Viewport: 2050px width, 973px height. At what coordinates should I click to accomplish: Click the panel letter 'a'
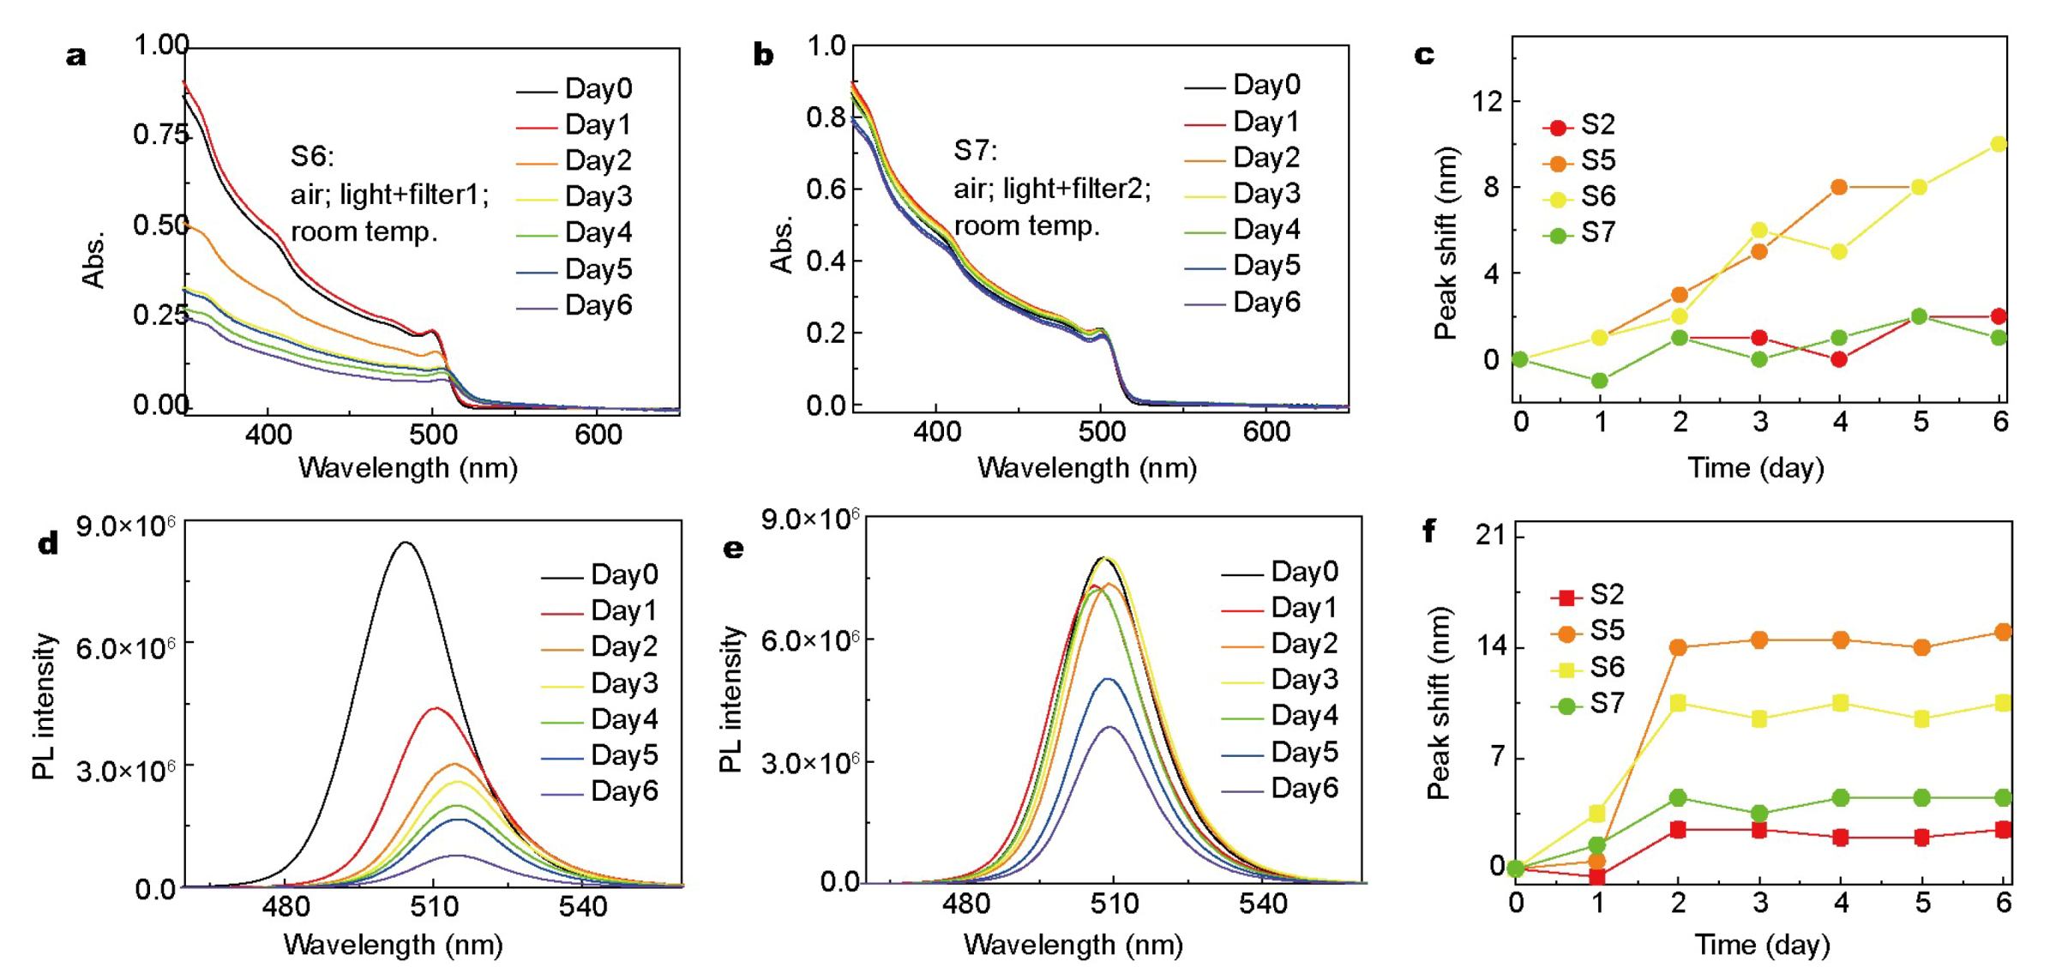(x=76, y=57)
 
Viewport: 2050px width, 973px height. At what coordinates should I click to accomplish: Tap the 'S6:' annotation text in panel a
(x=312, y=156)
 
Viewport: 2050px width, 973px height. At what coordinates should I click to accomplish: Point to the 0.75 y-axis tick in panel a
(x=159, y=135)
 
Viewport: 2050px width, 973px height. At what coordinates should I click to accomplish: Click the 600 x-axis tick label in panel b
(x=1265, y=432)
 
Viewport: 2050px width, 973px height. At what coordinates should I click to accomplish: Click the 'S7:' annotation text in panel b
(x=976, y=151)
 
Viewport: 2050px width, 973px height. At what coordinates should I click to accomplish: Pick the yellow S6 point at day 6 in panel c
(x=1999, y=144)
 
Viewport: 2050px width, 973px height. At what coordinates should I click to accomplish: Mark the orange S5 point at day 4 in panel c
(x=1839, y=187)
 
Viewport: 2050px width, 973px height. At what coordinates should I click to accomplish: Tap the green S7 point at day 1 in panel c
(x=1600, y=381)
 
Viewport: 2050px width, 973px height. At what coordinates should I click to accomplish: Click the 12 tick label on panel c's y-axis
(x=1488, y=102)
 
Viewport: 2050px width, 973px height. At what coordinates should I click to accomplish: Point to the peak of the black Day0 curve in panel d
(x=406, y=542)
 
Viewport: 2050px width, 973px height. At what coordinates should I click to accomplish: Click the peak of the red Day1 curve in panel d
(x=436, y=708)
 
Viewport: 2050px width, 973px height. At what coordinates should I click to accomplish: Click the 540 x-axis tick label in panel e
(x=1262, y=904)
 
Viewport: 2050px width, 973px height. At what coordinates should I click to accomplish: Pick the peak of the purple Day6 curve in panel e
(x=1110, y=727)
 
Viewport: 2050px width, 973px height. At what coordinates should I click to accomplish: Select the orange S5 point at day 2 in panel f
(x=1678, y=647)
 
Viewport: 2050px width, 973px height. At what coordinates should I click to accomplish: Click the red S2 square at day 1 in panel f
(x=1597, y=877)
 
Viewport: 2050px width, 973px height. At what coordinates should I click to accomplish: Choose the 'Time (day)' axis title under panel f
(x=1762, y=945)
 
